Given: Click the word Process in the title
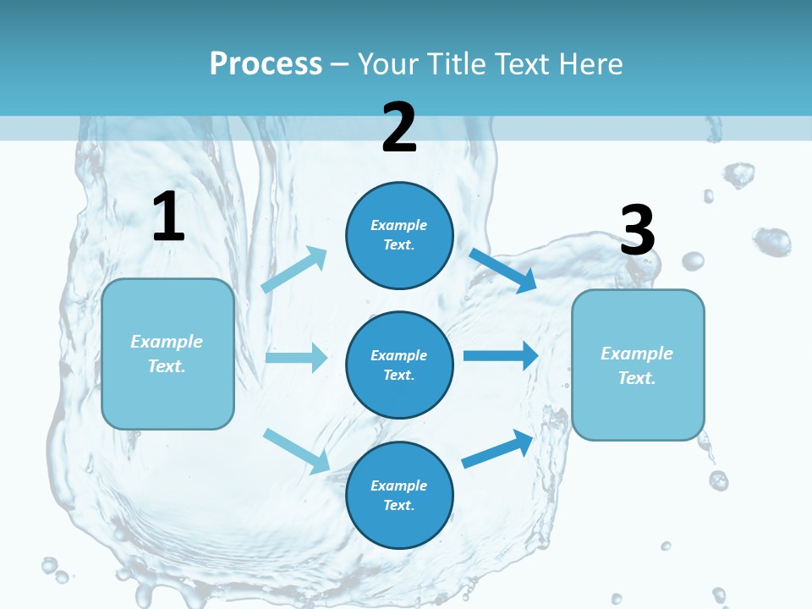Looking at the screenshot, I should (266, 64).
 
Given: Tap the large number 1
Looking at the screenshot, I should (168, 217).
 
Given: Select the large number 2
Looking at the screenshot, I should (399, 128).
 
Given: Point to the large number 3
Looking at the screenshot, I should (637, 230).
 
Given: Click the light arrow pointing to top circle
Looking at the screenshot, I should (294, 268).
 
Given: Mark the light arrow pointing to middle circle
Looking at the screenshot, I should (296, 357).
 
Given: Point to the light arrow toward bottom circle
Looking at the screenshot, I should (296, 450).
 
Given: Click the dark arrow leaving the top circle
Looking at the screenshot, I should (502, 270).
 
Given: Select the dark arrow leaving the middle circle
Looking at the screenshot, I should (501, 355).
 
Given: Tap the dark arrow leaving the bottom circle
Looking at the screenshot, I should (497, 449).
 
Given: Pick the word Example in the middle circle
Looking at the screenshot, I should (399, 355).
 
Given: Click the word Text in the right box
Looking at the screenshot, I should (636, 378).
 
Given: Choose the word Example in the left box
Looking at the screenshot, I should (167, 342).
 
